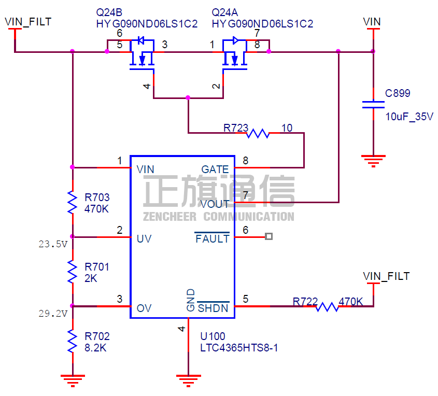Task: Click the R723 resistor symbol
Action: pos(258,133)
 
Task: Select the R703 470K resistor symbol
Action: pos(72,202)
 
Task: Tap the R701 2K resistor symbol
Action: pos(72,272)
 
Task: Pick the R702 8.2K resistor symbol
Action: pos(72,340)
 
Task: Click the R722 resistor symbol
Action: pos(327,306)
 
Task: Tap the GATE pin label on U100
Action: pos(215,169)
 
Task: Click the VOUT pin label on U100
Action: pos(215,204)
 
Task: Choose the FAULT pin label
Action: pos(212,238)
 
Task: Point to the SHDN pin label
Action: pos(213,308)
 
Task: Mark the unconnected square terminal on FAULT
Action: pos(269,237)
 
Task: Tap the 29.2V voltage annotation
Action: pos(53,313)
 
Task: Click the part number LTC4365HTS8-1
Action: pos(239,348)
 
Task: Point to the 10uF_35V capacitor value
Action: pos(409,117)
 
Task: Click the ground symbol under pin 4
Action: pos(188,379)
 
